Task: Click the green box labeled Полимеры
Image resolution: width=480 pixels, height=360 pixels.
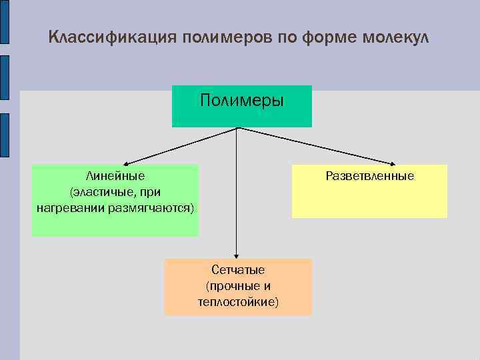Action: [241, 105]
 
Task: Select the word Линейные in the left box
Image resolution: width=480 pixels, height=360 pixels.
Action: [115, 176]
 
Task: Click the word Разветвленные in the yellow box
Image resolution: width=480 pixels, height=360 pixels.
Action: [369, 176]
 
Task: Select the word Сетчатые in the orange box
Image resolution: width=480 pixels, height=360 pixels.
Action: [238, 270]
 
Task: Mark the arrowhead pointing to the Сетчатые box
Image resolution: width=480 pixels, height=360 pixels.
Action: [236, 255]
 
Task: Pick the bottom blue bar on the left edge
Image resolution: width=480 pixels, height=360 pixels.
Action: [4, 136]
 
